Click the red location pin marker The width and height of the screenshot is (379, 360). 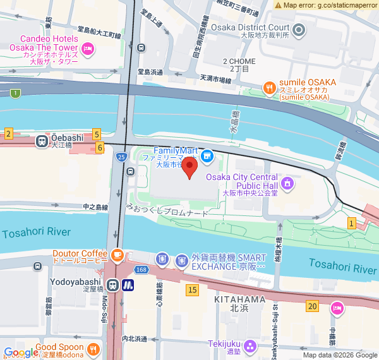click(190, 167)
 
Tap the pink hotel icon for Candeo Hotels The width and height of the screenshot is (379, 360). click(88, 47)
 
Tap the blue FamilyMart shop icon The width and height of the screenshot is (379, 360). click(206, 155)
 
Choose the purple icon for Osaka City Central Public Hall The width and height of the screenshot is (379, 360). click(288, 184)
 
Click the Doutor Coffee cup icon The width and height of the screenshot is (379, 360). click(117, 255)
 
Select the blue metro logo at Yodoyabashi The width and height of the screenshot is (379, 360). click(128, 285)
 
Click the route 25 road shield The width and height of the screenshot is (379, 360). click(120, 156)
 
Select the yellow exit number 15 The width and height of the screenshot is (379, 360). click(193, 289)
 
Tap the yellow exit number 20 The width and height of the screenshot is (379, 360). click(312, 306)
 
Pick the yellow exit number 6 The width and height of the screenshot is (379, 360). click(100, 147)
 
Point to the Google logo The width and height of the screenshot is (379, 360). click(20, 352)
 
